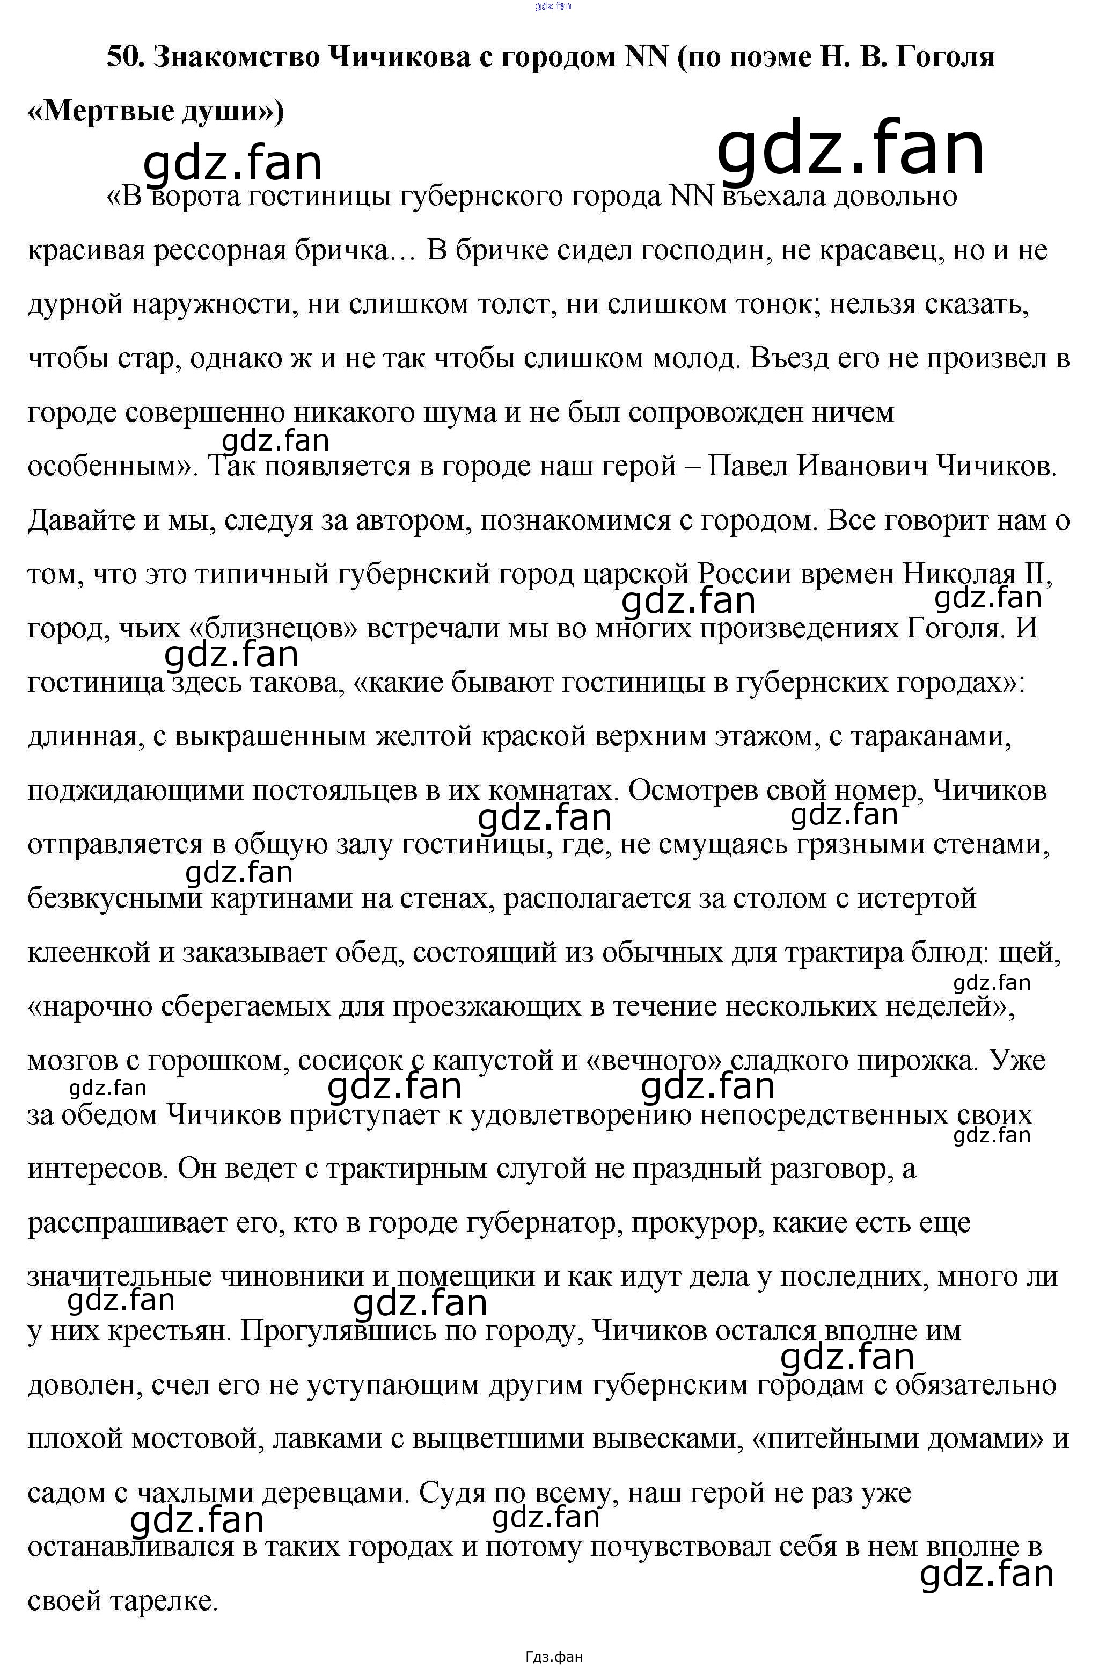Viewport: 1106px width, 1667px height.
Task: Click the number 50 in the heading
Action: pyautogui.click(x=124, y=57)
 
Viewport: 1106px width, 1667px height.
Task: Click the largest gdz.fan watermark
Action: pyautogui.click(x=850, y=149)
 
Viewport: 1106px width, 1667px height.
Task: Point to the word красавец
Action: pyautogui.click(x=879, y=251)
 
